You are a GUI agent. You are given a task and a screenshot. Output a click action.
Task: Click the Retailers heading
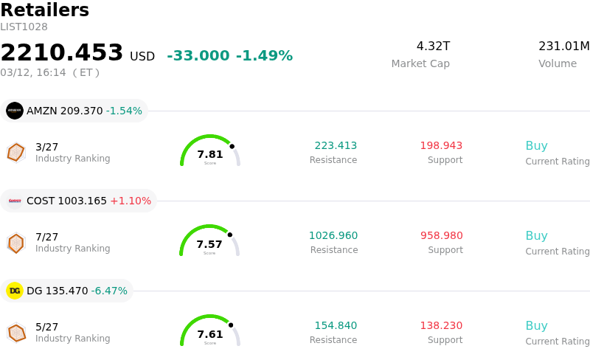(44, 10)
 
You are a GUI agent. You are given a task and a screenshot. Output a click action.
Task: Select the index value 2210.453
(62, 53)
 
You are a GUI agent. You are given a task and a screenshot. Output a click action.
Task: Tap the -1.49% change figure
(264, 56)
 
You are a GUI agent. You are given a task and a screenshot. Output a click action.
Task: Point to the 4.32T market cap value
(433, 46)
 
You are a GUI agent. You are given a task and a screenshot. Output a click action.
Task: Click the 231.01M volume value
(563, 46)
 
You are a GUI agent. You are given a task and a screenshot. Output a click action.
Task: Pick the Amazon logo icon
(15, 111)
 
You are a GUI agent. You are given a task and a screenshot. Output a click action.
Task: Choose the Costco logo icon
(15, 201)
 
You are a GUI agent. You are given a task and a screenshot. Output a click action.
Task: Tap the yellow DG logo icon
(15, 291)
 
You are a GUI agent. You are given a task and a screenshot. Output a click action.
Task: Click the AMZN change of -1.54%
(124, 111)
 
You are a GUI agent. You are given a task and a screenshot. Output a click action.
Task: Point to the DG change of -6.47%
(109, 291)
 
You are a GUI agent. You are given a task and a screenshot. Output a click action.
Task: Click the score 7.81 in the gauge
(210, 154)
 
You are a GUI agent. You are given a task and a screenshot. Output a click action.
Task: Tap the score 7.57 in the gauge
(209, 244)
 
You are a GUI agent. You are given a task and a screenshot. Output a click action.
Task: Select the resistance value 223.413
(336, 146)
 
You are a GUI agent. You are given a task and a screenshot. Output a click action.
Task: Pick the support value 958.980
(442, 236)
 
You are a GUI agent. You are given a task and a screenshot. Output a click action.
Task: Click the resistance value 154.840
(336, 326)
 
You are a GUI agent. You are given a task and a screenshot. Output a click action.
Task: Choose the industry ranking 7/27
(46, 237)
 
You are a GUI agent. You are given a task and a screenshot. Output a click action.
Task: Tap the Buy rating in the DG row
(536, 326)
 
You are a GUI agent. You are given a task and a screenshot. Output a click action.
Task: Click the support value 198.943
(441, 146)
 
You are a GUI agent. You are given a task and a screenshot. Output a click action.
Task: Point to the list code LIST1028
(24, 27)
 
